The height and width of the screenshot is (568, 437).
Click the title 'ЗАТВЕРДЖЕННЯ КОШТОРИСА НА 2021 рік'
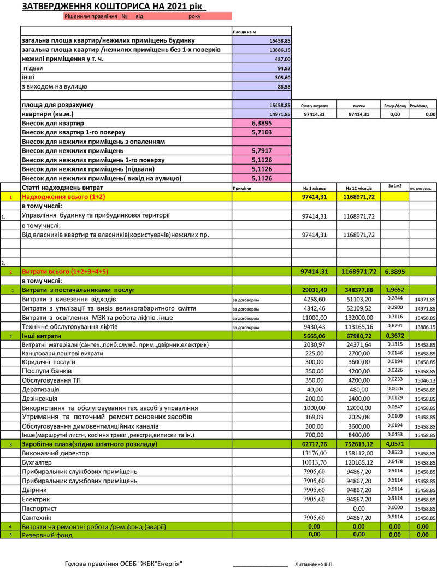[x=114, y=7]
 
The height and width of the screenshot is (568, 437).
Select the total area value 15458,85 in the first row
[x=280, y=41]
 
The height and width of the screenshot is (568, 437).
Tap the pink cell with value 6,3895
[x=262, y=124]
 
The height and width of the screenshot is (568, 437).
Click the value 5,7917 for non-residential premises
[x=262, y=150]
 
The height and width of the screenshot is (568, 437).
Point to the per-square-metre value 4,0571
[x=393, y=444]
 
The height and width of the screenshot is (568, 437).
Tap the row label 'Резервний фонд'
[x=47, y=535]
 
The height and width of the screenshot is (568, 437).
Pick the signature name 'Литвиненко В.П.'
[x=314, y=563]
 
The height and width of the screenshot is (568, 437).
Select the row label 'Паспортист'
[x=39, y=508]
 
